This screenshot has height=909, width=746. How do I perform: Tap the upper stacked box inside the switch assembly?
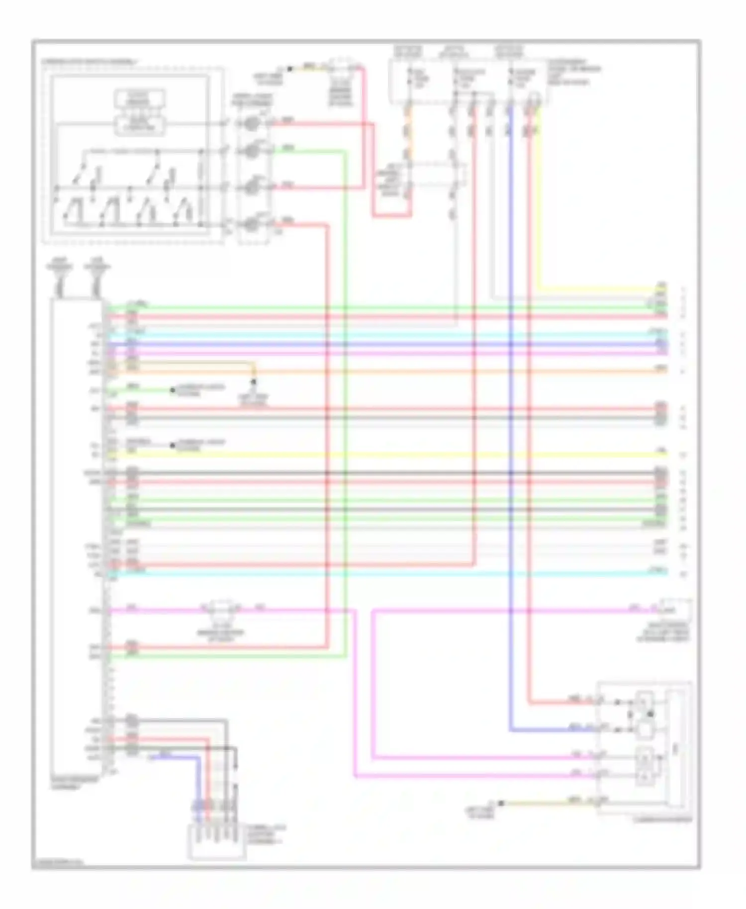pos(140,98)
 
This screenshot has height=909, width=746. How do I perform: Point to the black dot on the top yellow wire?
pos(290,69)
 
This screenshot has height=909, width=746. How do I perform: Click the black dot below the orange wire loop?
pos(253,382)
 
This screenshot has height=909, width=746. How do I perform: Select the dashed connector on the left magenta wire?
pos(223,609)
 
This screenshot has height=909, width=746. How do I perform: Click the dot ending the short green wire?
pos(173,390)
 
